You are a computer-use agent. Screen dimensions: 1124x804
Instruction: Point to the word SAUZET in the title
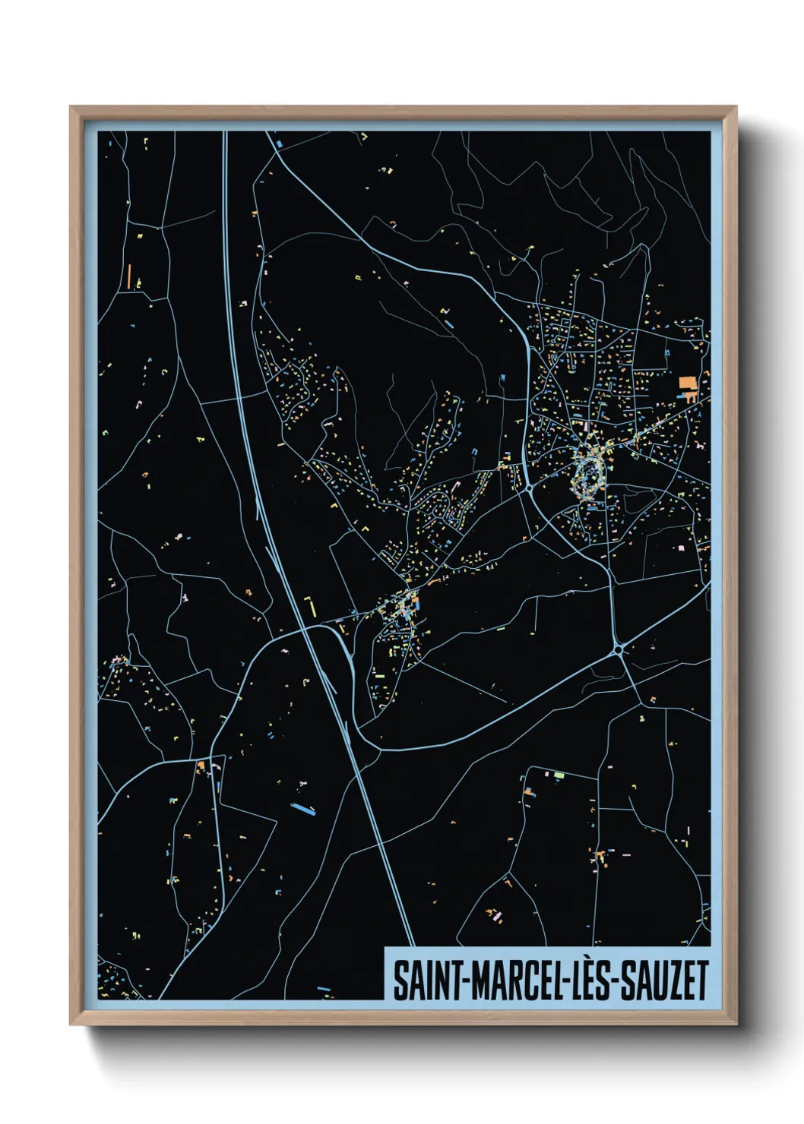pyautogui.click(x=665, y=980)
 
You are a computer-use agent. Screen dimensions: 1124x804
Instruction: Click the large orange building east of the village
pyautogui.click(x=688, y=383)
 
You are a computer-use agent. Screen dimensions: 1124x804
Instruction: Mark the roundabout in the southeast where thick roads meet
pyautogui.click(x=620, y=649)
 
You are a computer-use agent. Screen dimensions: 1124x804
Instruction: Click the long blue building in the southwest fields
pyautogui.click(x=303, y=807)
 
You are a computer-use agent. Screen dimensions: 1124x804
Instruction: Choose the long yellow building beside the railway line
pyautogui.click(x=309, y=605)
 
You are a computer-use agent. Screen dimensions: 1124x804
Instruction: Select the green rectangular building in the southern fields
pyautogui.click(x=560, y=775)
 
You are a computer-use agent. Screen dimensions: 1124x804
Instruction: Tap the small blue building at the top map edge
pyautogui.click(x=279, y=141)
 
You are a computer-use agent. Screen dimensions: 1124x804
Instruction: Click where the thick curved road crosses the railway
pyautogui.click(x=306, y=628)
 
